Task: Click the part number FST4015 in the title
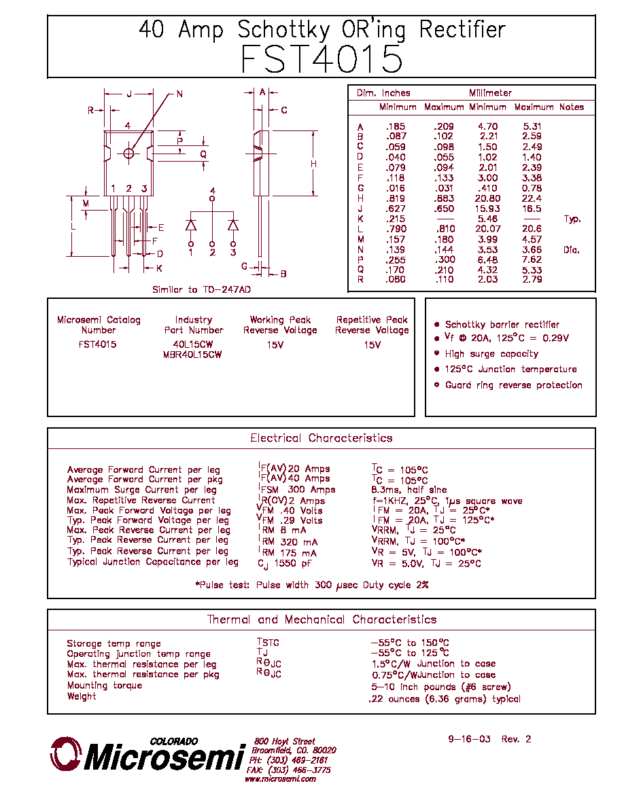tap(322, 58)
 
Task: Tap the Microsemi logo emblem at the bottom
tap(65, 754)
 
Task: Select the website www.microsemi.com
tap(280, 779)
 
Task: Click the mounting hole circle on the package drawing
tap(128, 154)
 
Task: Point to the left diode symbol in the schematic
tap(191, 225)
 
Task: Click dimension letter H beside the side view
tap(313, 164)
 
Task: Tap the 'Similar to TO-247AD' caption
tap(201, 290)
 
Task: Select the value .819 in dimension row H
tap(396, 198)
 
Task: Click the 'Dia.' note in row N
tap(572, 249)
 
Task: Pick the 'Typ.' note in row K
tap(572, 219)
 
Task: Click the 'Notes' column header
tap(572, 107)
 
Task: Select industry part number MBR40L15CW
tap(192, 355)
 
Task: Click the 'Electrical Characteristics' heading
tap(322, 438)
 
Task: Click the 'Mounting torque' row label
tap(105, 685)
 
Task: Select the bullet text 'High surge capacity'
tap(491, 354)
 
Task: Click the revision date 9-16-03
tap(469, 739)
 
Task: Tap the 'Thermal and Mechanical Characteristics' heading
tap(322, 619)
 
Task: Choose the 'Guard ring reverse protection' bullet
tap(514, 385)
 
